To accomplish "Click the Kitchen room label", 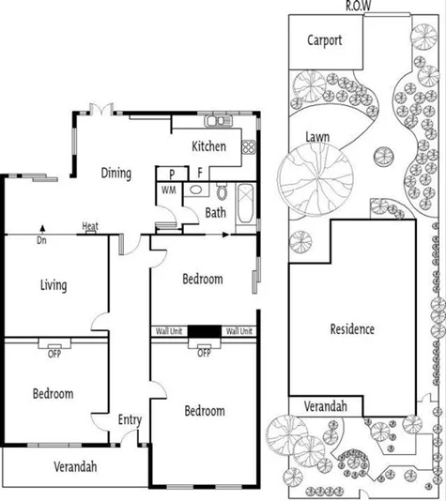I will (x=208, y=146).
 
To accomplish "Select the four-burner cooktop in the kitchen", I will (x=248, y=146).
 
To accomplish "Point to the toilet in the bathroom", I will (x=222, y=192).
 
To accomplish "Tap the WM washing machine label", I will (x=169, y=190).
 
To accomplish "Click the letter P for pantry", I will (x=172, y=174).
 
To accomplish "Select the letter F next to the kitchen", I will (x=200, y=174).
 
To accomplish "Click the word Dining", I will (x=115, y=174).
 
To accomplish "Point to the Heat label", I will (x=90, y=226).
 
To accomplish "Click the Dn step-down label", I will (x=42, y=240).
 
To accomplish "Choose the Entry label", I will (x=129, y=419).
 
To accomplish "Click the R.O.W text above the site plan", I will (x=358, y=6).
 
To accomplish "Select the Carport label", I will (x=323, y=40).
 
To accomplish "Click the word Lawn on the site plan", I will (x=317, y=137).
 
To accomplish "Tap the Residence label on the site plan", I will (x=352, y=328).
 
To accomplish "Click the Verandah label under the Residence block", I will (x=324, y=405).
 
